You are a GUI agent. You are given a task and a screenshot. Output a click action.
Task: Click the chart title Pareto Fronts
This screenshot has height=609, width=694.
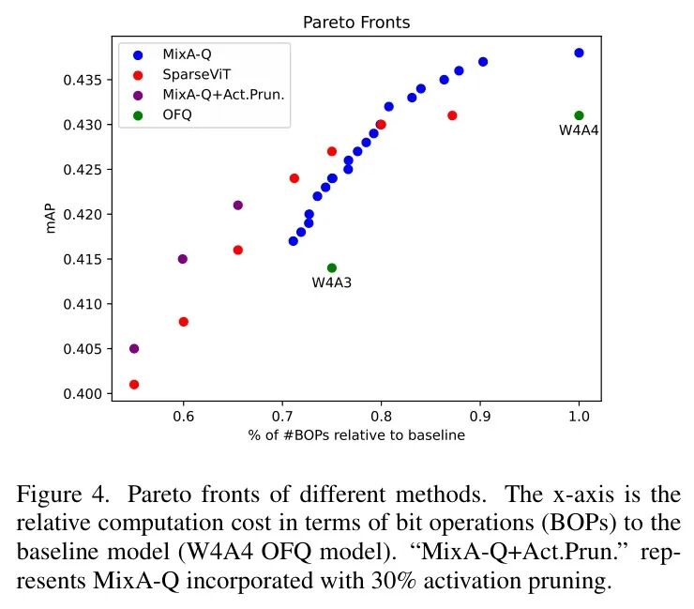(355, 21)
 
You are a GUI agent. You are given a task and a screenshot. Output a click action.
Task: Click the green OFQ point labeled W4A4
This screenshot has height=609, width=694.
(579, 115)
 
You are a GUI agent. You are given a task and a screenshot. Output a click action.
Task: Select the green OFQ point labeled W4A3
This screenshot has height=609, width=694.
(332, 267)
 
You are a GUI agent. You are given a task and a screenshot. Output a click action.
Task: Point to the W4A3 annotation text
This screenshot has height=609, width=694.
(332, 282)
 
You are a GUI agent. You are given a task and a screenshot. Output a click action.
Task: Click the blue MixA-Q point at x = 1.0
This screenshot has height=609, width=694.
(579, 53)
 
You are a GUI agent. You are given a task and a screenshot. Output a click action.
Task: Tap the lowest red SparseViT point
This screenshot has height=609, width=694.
(134, 384)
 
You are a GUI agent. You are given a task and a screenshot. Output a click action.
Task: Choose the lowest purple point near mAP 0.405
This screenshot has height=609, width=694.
(134, 348)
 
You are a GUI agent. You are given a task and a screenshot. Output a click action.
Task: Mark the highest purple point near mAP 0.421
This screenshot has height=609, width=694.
(238, 205)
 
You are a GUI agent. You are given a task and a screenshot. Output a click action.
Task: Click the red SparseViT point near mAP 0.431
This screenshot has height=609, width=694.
(452, 115)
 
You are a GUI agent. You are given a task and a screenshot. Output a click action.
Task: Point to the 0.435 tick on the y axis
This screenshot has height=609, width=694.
(82, 80)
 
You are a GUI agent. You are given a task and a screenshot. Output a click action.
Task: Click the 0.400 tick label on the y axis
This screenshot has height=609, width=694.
(82, 393)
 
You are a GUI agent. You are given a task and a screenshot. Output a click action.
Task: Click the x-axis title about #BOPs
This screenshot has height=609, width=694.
(356, 434)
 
